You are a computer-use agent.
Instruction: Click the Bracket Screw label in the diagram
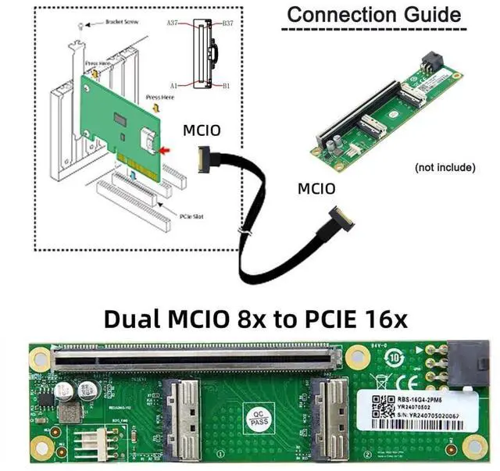click(121, 23)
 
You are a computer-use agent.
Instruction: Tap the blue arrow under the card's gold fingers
click(135, 175)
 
